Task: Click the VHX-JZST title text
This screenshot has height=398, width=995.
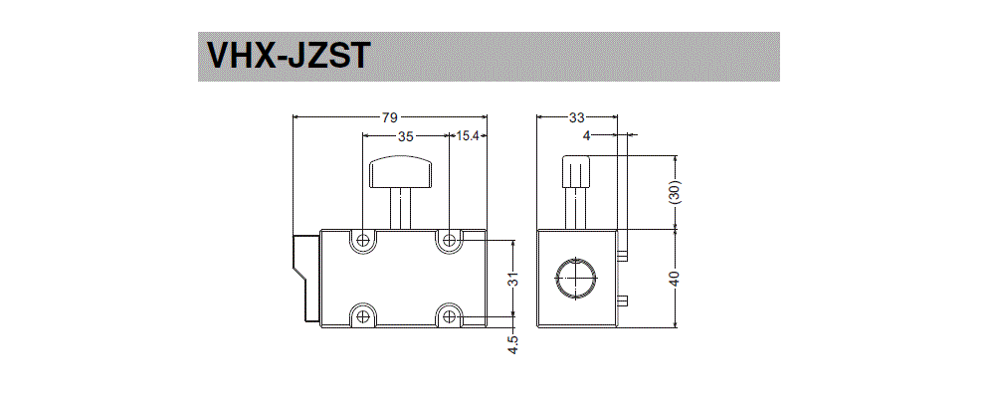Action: pos(288,57)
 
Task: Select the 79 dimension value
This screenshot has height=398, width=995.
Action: pos(389,117)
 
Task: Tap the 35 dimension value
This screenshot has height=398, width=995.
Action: pos(405,137)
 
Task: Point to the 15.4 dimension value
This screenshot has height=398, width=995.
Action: pos(469,137)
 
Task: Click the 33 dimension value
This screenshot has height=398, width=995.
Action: pos(577,117)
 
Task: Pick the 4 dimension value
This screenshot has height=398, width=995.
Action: pos(586,137)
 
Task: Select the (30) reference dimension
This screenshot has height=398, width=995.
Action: pos(676,192)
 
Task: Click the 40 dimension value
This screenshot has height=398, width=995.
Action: pos(676,279)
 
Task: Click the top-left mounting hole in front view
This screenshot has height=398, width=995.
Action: pos(363,240)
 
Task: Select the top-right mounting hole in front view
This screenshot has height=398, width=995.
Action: pos(451,240)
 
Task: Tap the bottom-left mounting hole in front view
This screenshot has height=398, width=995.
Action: pos(363,315)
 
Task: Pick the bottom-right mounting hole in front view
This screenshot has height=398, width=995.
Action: pos(451,315)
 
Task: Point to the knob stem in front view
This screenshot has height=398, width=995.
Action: pos(402,208)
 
